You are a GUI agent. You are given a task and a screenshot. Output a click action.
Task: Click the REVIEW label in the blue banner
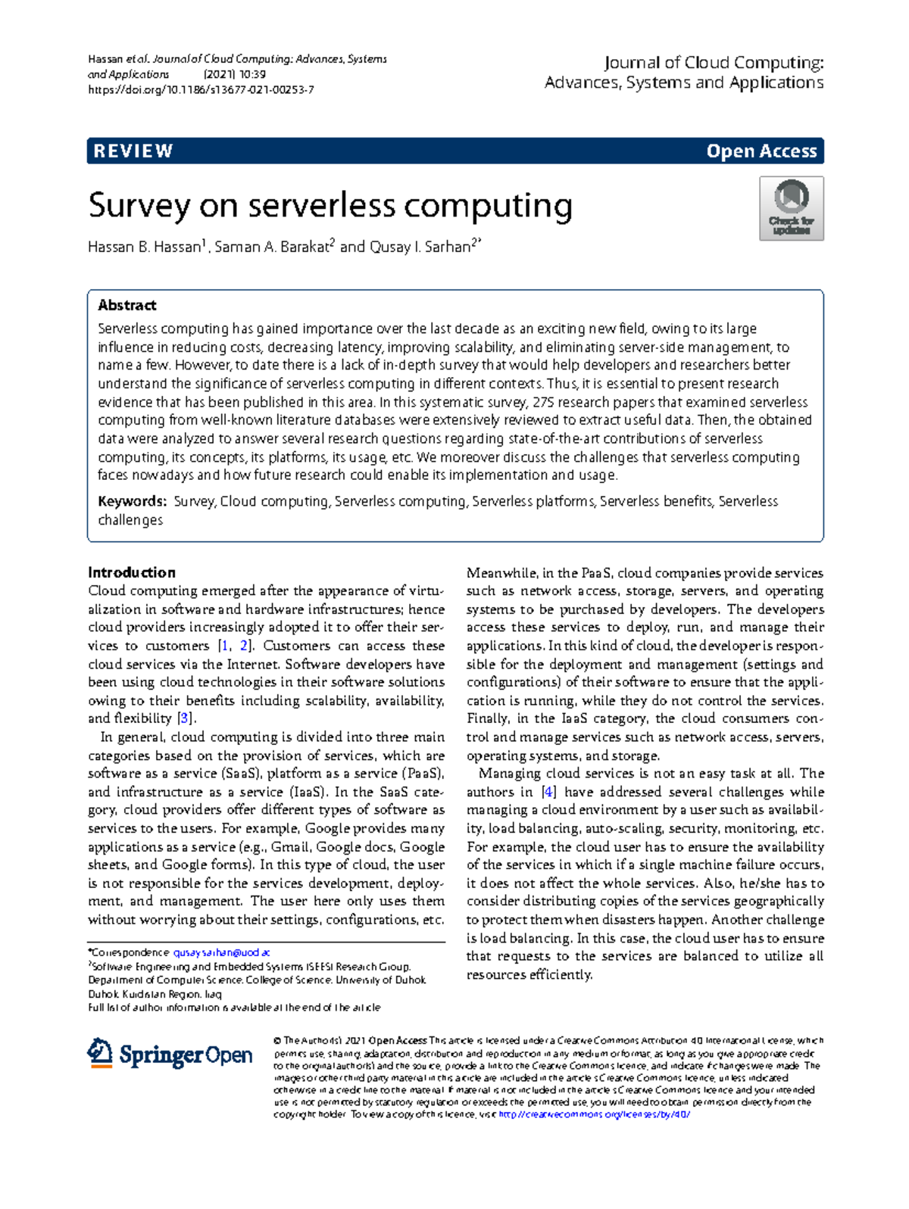[x=133, y=151]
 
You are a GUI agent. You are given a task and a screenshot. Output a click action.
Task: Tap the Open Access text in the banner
[x=761, y=151]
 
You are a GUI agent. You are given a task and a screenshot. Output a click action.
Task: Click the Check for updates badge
[x=791, y=209]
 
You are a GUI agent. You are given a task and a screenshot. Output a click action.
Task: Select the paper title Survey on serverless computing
[x=330, y=206]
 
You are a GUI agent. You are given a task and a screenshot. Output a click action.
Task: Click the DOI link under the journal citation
[x=201, y=89]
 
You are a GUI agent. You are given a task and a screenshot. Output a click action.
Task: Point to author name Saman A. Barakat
[x=273, y=247]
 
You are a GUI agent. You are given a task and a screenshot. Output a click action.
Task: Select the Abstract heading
[x=127, y=305]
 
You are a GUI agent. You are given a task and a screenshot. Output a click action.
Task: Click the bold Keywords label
[x=132, y=501]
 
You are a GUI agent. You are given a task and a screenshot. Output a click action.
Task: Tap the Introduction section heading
[x=132, y=572]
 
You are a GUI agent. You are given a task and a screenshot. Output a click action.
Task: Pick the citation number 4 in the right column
[x=548, y=792]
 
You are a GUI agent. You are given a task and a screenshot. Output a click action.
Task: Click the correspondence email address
[x=221, y=952]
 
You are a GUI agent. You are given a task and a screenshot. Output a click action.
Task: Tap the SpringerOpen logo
[x=170, y=1054]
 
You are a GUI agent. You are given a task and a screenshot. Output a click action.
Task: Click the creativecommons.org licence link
[x=594, y=1114]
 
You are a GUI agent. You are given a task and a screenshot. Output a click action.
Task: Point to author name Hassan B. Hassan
[x=145, y=247]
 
